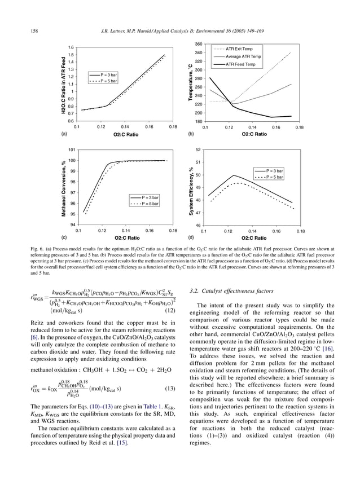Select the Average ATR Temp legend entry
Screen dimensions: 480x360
243,57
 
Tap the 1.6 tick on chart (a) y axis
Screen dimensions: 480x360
71,47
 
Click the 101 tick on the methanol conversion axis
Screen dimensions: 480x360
72,150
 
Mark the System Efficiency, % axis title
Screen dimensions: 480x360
191,188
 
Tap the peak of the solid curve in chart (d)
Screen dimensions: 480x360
234,175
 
